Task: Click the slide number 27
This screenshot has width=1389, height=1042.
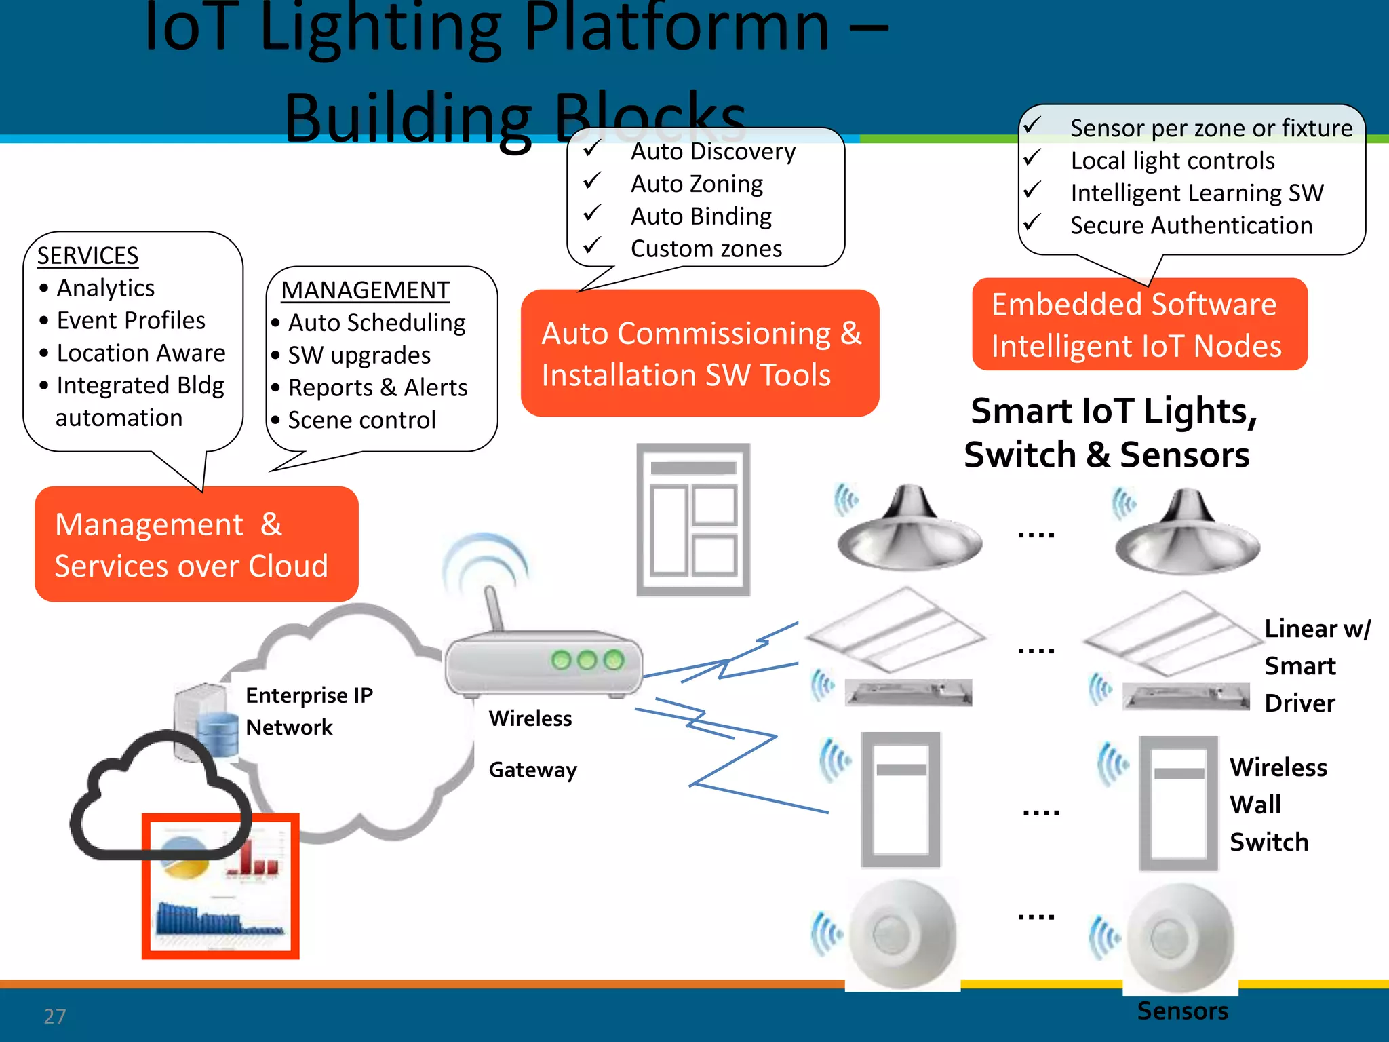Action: [54, 1016]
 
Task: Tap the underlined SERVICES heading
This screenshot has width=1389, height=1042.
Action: [87, 256]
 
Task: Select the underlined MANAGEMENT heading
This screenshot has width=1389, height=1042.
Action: [365, 290]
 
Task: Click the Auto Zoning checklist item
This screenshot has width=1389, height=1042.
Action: [697, 184]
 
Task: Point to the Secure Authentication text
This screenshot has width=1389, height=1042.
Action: [1191, 225]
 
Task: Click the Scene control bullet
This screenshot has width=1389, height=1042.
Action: [361, 420]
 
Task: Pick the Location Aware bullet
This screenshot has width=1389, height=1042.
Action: [140, 353]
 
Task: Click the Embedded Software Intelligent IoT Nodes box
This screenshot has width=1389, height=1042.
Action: [1139, 325]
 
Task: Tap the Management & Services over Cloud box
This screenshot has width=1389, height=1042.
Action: [196, 544]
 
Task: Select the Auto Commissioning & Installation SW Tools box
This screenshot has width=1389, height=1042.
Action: [700, 353]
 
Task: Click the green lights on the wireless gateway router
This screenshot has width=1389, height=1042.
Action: [587, 659]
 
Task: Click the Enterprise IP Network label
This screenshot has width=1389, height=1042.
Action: [309, 710]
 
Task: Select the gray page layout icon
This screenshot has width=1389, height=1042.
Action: [693, 520]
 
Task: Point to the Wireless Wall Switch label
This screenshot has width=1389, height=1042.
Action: [1277, 805]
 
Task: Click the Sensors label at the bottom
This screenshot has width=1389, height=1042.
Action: [1182, 1011]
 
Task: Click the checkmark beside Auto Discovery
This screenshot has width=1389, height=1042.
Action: [593, 149]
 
